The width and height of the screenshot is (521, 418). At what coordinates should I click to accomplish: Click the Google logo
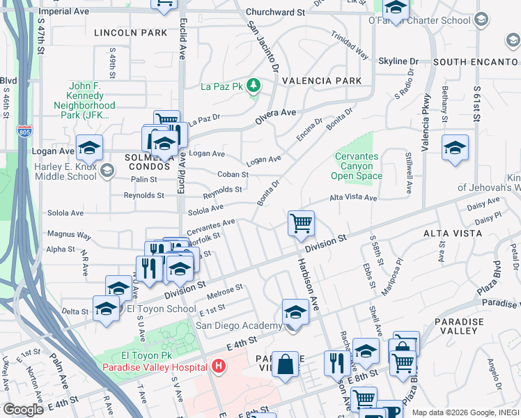24,410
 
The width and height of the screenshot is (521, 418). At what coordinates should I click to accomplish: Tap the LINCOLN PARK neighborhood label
131,33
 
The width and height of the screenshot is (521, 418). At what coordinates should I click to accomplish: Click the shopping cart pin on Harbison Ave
301,224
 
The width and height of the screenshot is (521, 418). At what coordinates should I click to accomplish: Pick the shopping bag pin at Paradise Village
285,364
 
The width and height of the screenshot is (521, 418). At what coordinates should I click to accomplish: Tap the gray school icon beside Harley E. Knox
107,170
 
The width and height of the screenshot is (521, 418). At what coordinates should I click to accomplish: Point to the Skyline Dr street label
398,61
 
